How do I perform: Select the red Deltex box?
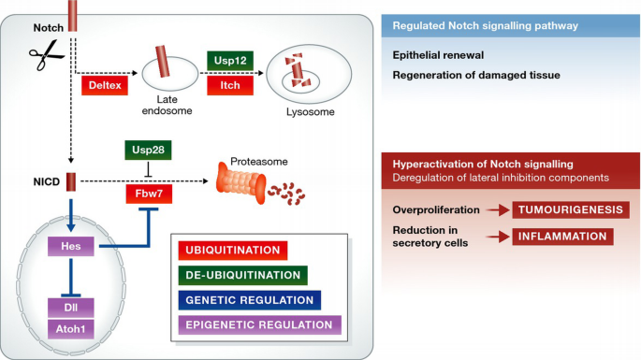click(105, 86)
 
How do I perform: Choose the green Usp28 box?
click(150, 151)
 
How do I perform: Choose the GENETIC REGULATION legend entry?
click(248, 300)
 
